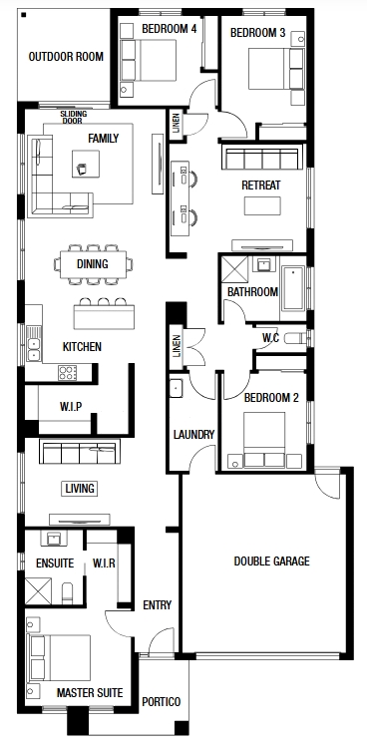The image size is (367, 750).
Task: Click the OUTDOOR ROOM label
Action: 66,57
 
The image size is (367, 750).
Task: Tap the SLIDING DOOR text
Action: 74,118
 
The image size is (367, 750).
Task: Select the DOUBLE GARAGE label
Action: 271,562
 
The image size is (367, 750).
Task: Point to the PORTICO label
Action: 162,702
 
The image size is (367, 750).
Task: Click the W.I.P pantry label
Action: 71,407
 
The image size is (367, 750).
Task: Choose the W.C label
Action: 270,337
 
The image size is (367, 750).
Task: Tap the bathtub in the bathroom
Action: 292,288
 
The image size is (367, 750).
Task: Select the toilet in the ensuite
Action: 68,593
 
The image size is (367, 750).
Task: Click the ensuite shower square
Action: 38,591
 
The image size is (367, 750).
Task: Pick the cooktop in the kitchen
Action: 68,373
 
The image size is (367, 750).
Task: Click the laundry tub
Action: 176,387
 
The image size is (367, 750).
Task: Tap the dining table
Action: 94,264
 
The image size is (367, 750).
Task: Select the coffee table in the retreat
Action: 262,205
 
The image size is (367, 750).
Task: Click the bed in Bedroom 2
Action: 264,439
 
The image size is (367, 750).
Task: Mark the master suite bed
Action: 60,657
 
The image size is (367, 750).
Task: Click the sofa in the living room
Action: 80,452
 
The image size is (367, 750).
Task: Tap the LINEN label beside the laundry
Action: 177,346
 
